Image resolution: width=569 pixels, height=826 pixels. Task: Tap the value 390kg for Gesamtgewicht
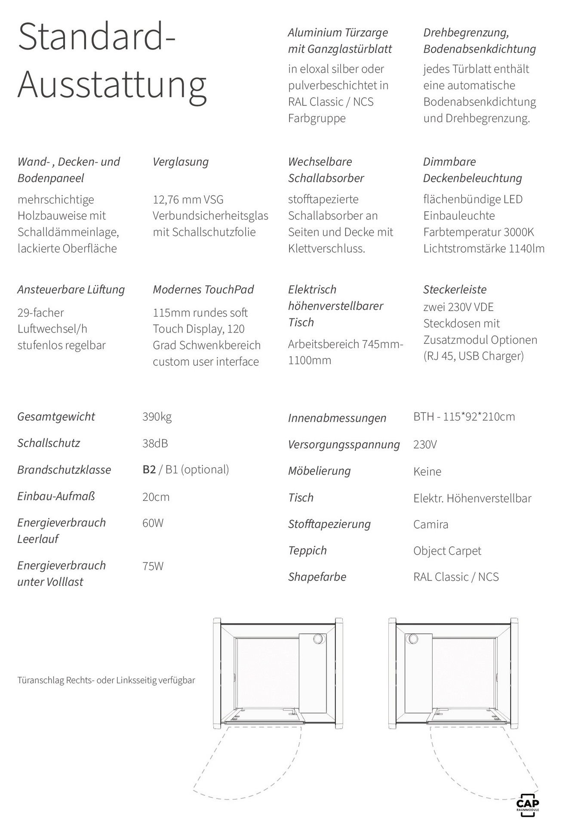157,417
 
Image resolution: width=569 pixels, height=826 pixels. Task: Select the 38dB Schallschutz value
155,444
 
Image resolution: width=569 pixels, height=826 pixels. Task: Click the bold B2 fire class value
149,469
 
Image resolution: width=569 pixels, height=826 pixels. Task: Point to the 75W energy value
153,566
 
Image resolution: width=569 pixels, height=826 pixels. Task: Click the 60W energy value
153,523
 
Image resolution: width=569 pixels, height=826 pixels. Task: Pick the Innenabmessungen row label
337,418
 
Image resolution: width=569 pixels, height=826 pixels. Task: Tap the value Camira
431,524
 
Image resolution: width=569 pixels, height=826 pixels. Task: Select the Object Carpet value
447,551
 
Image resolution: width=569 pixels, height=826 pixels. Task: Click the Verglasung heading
181,162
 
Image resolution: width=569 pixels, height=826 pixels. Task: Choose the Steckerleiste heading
455,290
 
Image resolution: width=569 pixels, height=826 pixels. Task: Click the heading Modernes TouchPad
203,290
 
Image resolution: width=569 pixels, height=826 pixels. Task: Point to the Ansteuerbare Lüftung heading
71,290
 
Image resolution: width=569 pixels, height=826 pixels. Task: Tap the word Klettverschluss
326,249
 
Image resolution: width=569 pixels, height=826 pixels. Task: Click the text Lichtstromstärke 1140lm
484,249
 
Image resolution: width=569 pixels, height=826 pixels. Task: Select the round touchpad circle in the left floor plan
319,639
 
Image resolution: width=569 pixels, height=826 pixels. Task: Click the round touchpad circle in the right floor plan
413,639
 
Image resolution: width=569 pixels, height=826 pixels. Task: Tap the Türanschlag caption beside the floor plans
106,680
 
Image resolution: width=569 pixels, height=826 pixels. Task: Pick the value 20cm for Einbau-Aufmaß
156,497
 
